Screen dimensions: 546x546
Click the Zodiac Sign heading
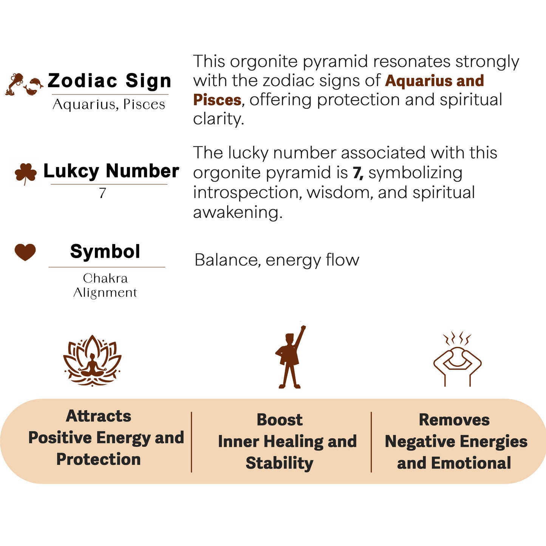click(109, 81)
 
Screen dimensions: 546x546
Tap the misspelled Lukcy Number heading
click(111, 171)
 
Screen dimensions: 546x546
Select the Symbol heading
click(105, 252)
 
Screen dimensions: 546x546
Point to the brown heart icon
click(25, 252)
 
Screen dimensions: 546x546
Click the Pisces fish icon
click(34, 86)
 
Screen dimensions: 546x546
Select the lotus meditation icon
click(92, 360)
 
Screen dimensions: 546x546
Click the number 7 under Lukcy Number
click(102, 193)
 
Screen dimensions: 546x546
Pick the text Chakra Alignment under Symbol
click(105, 285)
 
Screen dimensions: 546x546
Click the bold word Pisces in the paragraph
click(217, 100)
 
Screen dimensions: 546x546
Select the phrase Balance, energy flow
click(277, 260)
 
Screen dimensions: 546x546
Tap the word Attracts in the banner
click(99, 416)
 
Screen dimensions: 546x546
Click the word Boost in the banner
click(280, 420)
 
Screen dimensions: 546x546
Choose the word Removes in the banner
click(454, 420)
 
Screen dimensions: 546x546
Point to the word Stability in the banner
click(280, 463)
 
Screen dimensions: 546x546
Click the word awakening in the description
click(237, 212)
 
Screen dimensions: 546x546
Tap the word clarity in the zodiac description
click(218, 119)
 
